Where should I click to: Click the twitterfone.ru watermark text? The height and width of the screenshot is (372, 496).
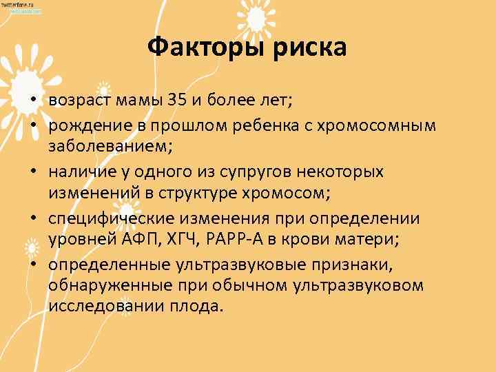coord(21,5)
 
